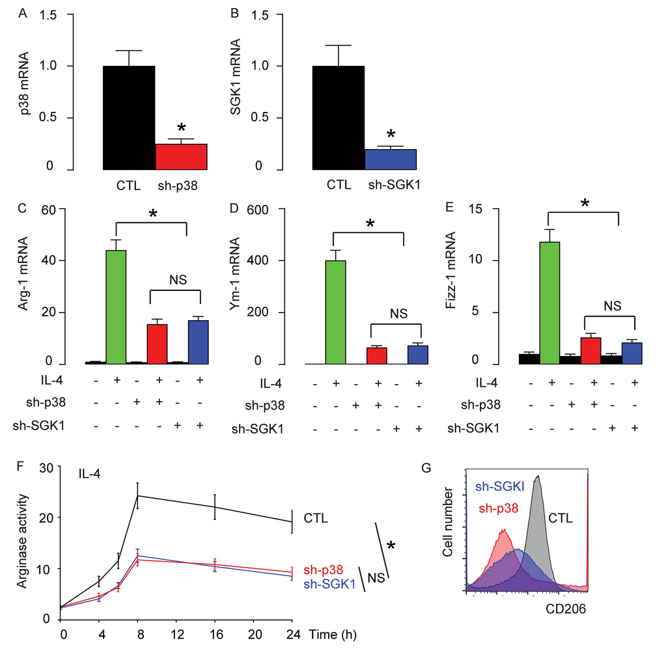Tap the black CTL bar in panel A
coord(129,117)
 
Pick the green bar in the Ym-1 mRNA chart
coord(337,312)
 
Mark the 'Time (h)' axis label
coord(332,633)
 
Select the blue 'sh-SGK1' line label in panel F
coord(330,585)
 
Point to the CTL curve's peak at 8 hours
coord(138,495)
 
